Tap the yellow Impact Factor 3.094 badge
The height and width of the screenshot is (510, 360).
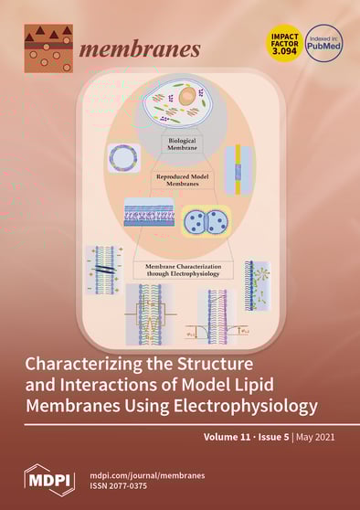(283, 42)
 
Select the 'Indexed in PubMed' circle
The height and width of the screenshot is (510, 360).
(323, 42)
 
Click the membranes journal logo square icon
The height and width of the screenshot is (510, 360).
(48, 48)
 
